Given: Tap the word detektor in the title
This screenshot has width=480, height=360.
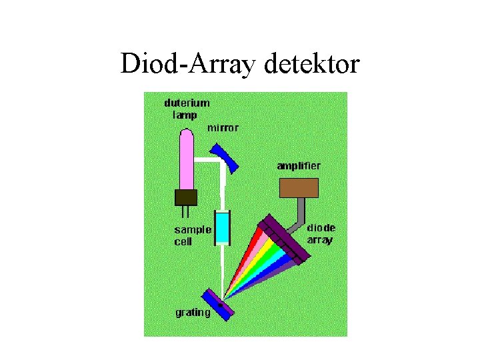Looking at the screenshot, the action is click(312, 64).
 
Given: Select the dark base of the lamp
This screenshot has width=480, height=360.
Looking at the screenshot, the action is click(186, 197).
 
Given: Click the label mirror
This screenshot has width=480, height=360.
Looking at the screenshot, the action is click(223, 128).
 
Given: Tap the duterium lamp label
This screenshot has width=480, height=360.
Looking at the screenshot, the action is click(187, 109).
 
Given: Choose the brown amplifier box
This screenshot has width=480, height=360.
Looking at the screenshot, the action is click(299, 187).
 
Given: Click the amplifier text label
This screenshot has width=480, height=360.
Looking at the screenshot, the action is click(299, 165).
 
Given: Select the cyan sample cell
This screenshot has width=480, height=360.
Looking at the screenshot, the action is click(222, 227).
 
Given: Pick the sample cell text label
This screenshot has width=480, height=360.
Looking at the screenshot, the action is click(193, 235).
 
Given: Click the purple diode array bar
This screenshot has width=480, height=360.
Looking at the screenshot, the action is click(285, 238).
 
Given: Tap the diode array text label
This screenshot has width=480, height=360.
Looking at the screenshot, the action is click(321, 233).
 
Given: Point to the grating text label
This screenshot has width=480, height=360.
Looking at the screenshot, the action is click(193, 312).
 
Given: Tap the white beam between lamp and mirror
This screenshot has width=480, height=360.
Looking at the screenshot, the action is click(208, 160).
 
